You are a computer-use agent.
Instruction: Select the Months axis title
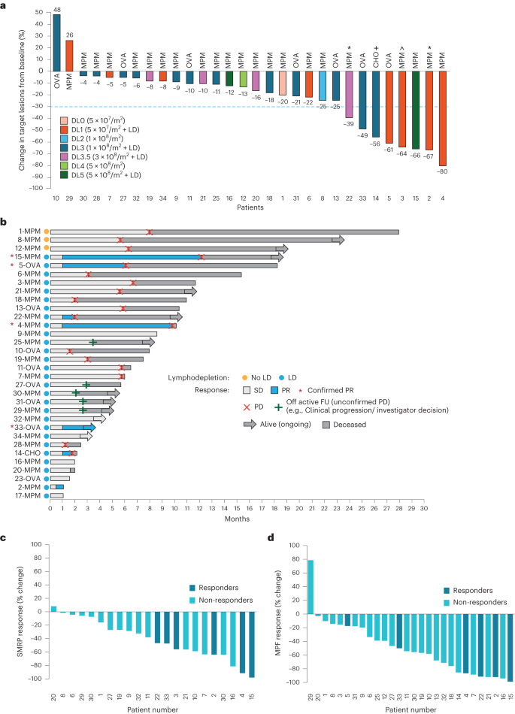(237, 518)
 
